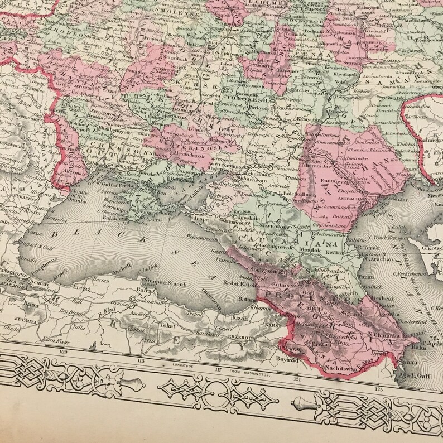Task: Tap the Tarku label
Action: tap(365, 277)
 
